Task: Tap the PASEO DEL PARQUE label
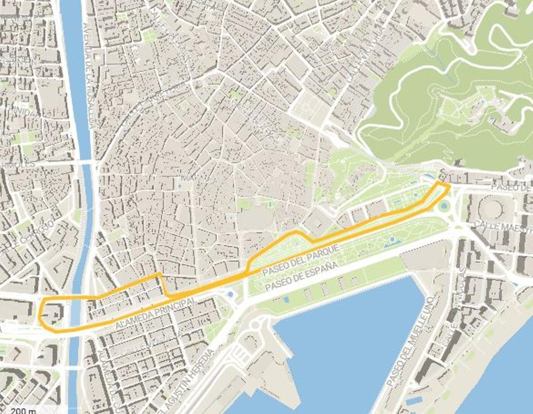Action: pos(300,259)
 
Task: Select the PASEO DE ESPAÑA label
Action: pos(302,277)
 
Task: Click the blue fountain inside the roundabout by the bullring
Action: pos(443,206)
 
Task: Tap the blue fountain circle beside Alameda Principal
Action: pos(230,294)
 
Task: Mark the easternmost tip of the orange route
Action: pos(449,187)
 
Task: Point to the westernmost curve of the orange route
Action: pos(40,316)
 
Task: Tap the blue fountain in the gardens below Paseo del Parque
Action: pos(392,241)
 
